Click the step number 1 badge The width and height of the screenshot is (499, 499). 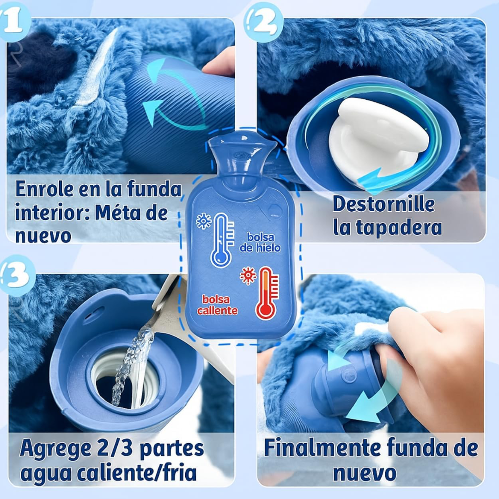[x=13, y=22]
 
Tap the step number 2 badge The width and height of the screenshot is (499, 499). [x=263, y=22]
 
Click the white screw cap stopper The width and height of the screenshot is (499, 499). [x=379, y=140]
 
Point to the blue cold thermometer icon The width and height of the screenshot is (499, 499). [x=222, y=240]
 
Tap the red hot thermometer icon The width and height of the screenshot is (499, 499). [x=267, y=293]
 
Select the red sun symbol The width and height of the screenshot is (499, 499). [x=248, y=275]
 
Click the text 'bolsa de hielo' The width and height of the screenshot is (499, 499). [x=260, y=243]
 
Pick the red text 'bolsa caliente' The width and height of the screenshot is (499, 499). [x=217, y=305]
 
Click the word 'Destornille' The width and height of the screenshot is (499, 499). [x=383, y=204]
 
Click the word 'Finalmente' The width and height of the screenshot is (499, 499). [x=322, y=447]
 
